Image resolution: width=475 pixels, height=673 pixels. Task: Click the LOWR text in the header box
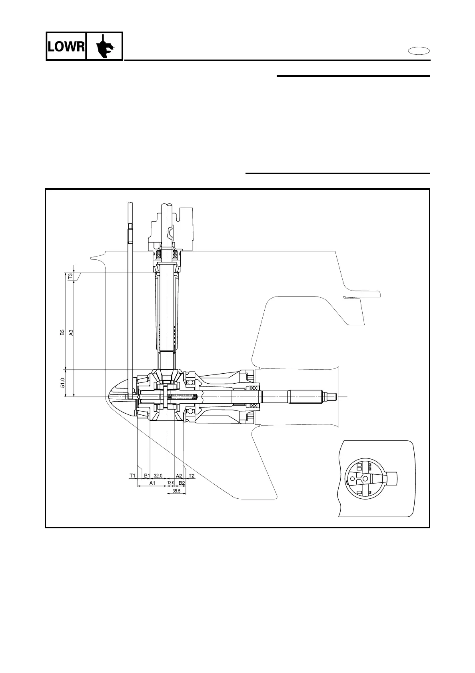coord(66,47)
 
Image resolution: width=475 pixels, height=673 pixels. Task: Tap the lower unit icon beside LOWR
coord(105,46)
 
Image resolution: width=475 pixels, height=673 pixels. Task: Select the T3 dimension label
coord(70,277)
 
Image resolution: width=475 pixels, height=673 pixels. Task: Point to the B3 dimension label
coord(62,333)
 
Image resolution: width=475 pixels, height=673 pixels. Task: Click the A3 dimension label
coord(71,333)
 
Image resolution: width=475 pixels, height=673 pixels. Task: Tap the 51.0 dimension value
coord(62,383)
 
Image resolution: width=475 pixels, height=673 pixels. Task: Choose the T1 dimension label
coord(132,476)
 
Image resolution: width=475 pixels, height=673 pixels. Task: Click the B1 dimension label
coord(147,476)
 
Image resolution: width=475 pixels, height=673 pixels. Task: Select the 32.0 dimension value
coord(158,476)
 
